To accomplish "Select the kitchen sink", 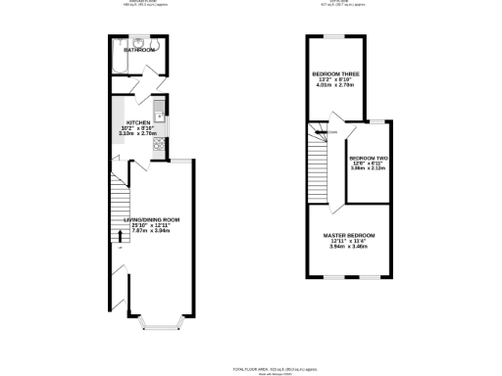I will (x=159, y=117).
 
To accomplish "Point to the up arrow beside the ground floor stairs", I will (x=120, y=234).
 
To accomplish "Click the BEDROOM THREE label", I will (x=333, y=74).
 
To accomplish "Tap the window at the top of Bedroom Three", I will (x=334, y=36).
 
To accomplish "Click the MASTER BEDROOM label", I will (x=349, y=236).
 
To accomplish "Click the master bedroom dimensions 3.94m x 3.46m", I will (x=349, y=247).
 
